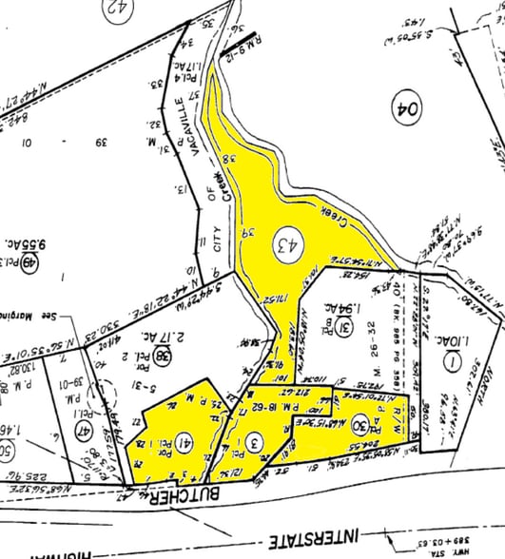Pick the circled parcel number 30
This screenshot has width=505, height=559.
[x=359, y=424]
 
